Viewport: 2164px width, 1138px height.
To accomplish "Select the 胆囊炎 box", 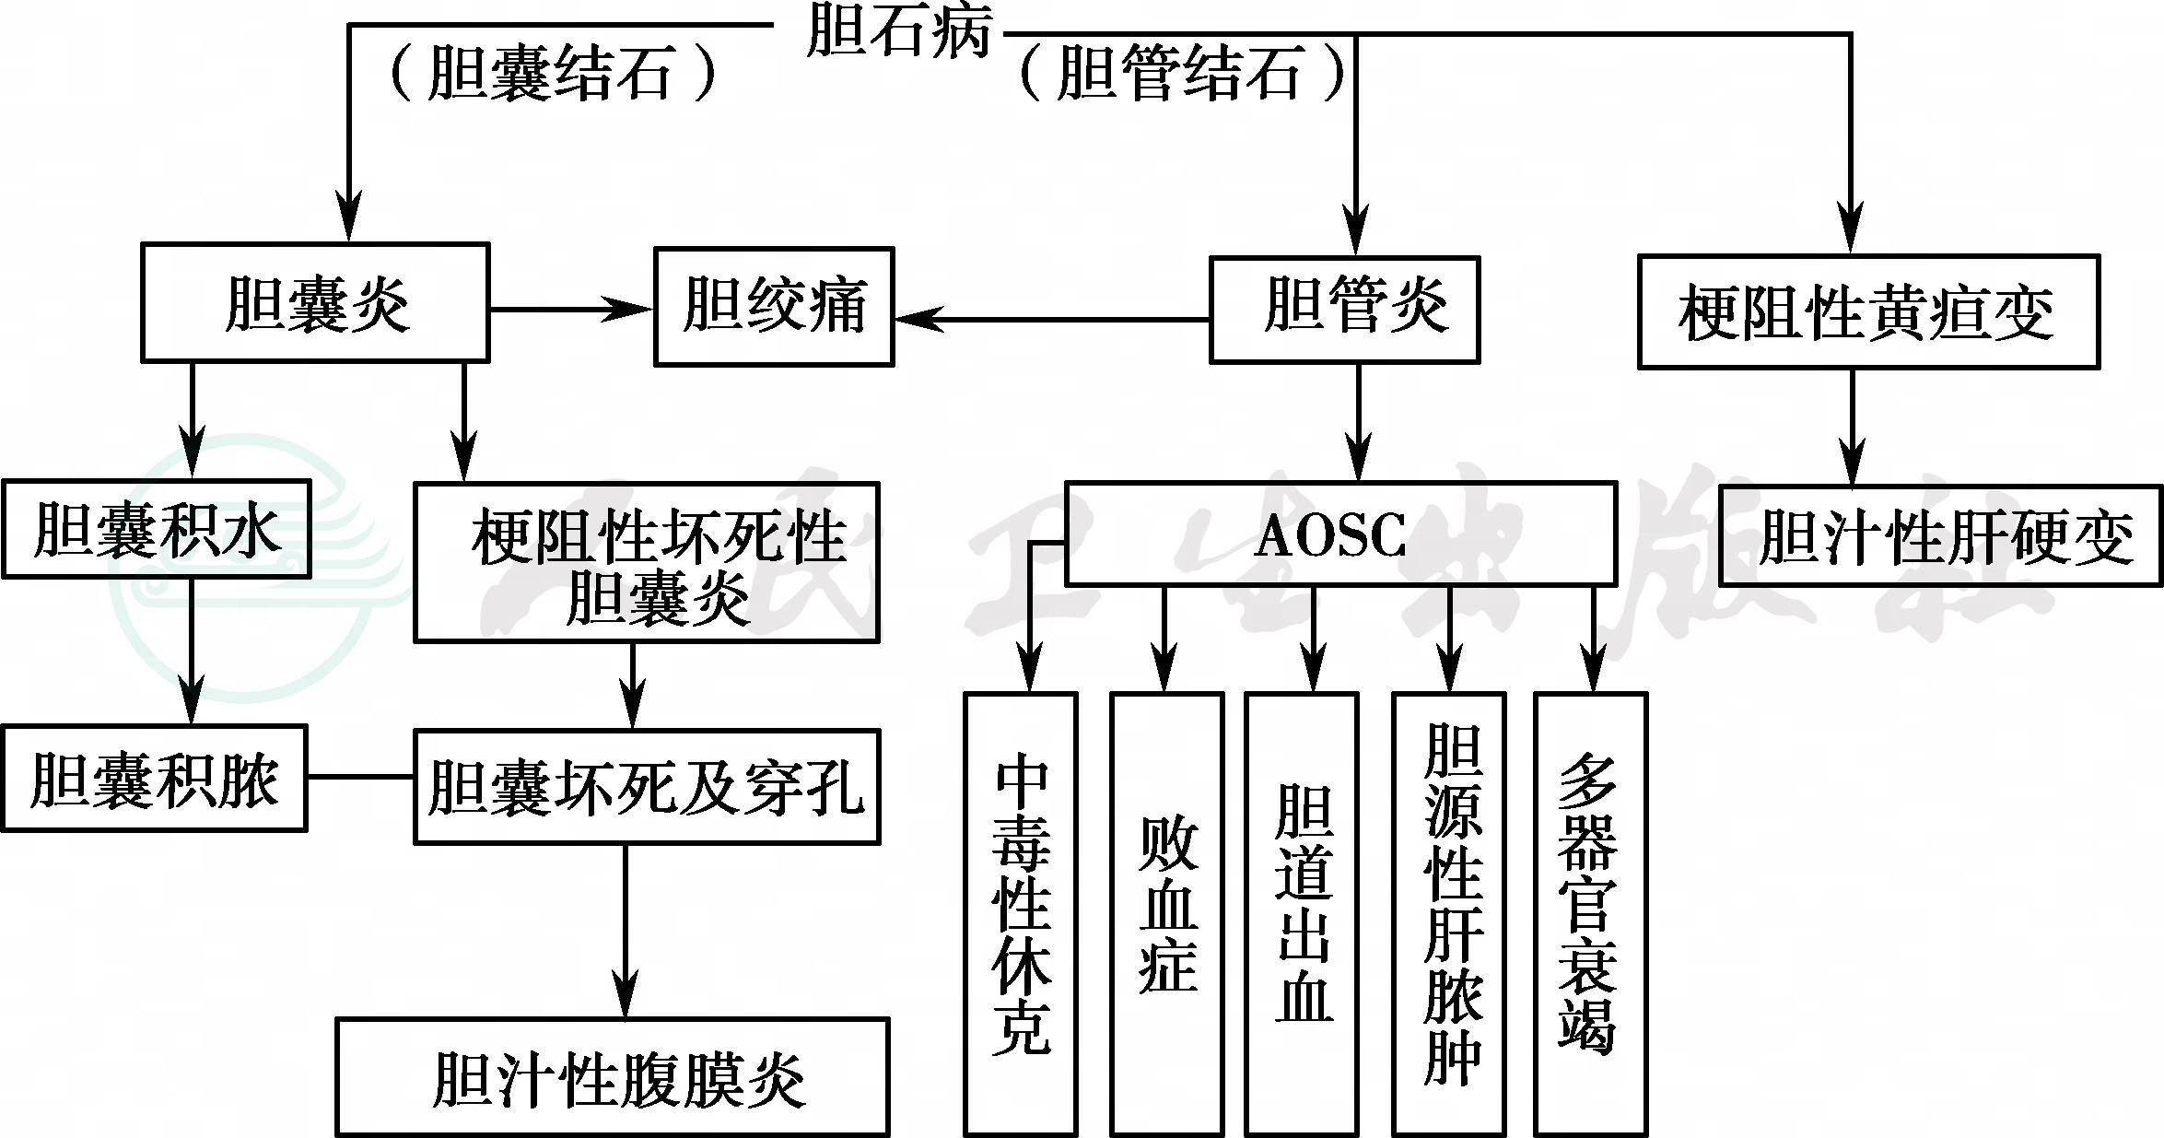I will tap(315, 303).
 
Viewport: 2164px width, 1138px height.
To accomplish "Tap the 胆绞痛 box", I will tap(774, 307).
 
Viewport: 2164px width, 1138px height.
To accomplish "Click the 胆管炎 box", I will tap(1344, 309).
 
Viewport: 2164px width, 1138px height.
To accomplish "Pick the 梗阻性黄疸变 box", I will tap(1867, 312).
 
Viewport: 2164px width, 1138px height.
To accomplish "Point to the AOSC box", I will tap(1339, 534).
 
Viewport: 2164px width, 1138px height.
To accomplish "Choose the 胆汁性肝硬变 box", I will tap(1939, 536).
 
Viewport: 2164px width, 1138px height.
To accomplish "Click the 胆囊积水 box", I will tap(156, 530).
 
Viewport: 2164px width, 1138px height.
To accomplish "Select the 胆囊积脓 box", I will tap(154, 779).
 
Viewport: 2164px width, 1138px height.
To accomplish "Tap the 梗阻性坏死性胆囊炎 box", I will tap(647, 562).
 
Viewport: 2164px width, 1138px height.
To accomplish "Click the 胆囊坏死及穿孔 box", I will tap(647, 786).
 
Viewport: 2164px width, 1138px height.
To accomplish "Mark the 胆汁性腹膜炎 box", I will tap(612, 1077).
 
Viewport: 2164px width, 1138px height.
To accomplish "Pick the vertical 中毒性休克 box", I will tap(1020, 913).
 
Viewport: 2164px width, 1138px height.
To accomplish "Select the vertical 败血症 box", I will tap(1166, 913).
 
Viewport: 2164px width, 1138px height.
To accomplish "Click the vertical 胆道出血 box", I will tap(1301, 913).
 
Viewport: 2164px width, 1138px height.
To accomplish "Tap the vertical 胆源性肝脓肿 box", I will tap(1448, 913).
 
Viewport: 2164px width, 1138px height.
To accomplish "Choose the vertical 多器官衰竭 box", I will tap(1590, 913).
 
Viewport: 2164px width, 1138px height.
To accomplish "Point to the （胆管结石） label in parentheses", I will tap(1183, 74).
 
